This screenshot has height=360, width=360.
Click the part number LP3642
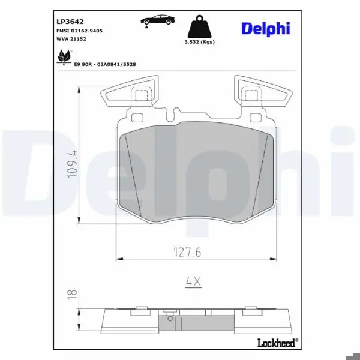click(x=70, y=22)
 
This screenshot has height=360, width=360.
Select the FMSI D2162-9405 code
click(x=79, y=31)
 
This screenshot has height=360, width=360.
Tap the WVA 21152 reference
click(x=71, y=39)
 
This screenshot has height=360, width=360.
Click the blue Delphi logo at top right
click(x=266, y=29)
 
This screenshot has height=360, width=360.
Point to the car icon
click(x=158, y=20)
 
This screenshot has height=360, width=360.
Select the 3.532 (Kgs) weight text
click(x=200, y=42)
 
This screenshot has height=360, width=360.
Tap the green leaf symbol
click(x=64, y=57)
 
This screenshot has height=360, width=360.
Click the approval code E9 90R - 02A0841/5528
click(x=105, y=65)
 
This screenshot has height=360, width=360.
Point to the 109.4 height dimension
click(x=72, y=164)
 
